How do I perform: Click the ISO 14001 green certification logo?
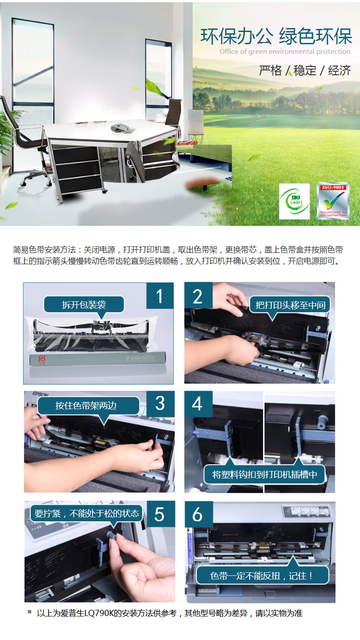point(294,202)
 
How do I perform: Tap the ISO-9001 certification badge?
point(333,202)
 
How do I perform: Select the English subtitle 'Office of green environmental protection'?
point(285,51)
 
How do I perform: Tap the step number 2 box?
point(198,296)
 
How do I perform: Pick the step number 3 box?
point(159,404)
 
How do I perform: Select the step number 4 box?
point(198,404)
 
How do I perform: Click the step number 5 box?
point(159,514)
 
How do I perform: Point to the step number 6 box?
point(198,514)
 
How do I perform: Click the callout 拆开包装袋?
point(84,305)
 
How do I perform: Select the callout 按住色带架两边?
point(86,406)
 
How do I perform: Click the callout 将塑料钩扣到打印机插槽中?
point(265,475)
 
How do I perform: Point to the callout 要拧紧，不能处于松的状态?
point(87,513)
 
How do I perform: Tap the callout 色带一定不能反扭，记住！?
point(262,575)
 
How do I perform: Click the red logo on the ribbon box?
point(41,359)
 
